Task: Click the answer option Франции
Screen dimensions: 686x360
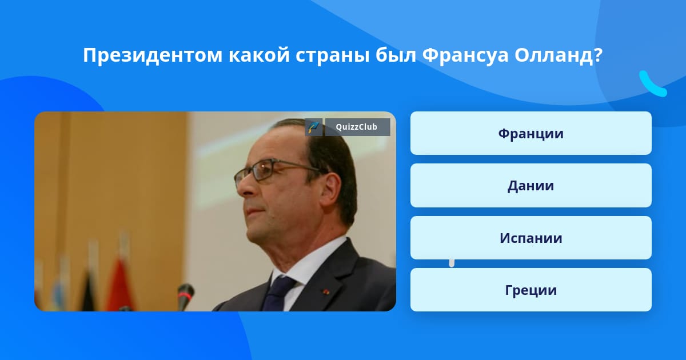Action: tap(531, 133)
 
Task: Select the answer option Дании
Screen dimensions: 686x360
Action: tap(531, 186)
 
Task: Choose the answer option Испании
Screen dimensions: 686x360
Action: tap(531, 238)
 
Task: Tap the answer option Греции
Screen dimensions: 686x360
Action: tap(531, 290)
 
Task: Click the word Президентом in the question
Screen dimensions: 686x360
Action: tap(153, 55)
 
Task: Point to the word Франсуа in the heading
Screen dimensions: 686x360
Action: tap(465, 56)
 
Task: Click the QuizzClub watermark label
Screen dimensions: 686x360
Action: tap(357, 127)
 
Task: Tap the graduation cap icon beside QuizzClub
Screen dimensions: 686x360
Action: tap(314, 127)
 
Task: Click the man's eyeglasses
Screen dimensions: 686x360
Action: tap(276, 173)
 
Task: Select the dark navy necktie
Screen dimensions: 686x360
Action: tap(278, 293)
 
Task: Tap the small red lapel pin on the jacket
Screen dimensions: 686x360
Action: tap(325, 291)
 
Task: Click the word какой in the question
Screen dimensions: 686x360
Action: tap(259, 55)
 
